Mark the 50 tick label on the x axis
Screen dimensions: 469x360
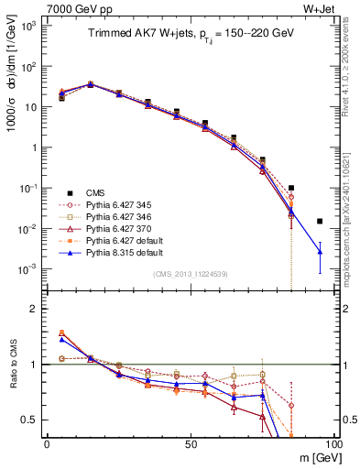point(190,442)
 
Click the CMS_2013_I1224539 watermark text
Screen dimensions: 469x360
point(190,273)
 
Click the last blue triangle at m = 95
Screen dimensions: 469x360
point(320,251)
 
